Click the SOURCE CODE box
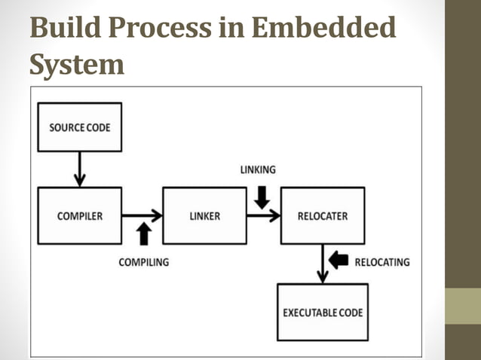click(x=79, y=127)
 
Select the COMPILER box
click(x=79, y=216)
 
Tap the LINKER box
click(x=204, y=216)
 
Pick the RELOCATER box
click(x=323, y=216)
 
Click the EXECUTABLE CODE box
click(x=323, y=312)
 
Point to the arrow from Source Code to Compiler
click(x=79, y=169)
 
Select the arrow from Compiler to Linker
click(x=142, y=215)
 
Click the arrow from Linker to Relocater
click(x=263, y=215)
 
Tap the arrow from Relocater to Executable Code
click(x=323, y=264)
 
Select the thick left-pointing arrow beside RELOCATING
click(x=339, y=261)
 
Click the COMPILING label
click(x=143, y=262)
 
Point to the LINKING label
click(x=258, y=169)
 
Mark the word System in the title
click(x=77, y=64)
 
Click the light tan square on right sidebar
click(x=462, y=306)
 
